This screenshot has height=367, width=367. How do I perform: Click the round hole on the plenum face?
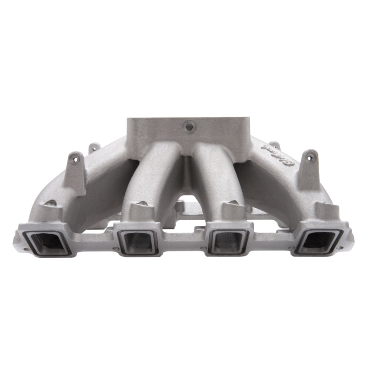(x=188, y=125)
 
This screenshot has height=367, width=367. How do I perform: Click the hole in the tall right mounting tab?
(x=311, y=157)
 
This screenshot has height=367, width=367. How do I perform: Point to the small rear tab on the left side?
(x=94, y=147)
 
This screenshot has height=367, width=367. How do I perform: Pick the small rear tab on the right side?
(x=274, y=145)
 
